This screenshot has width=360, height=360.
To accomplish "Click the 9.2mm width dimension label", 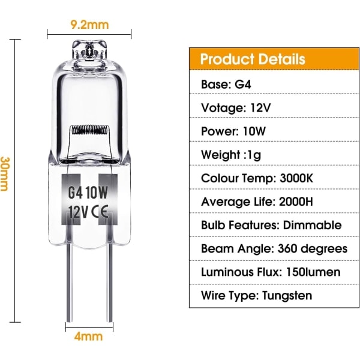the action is pyautogui.click(x=89, y=25).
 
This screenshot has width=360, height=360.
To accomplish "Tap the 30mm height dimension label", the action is pyautogui.click(x=4, y=174).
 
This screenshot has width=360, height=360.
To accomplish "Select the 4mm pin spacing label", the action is pyautogui.click(x=88, y=337).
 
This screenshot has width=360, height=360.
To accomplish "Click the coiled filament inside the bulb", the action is pyautogui.click(x=90, y=130).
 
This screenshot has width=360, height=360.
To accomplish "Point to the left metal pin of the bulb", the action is pyautogui.click(x=69, y=283).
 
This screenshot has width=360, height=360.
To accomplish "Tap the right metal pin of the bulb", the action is pyautogui.click(x=110, y=283).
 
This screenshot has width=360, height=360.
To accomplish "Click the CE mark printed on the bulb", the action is pyautogui.click(x=100, y=211).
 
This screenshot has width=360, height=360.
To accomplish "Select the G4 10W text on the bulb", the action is pyautogui.click(x=88, y=193).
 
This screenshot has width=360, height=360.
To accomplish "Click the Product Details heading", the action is pyautogui.click(x=253, y=59).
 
